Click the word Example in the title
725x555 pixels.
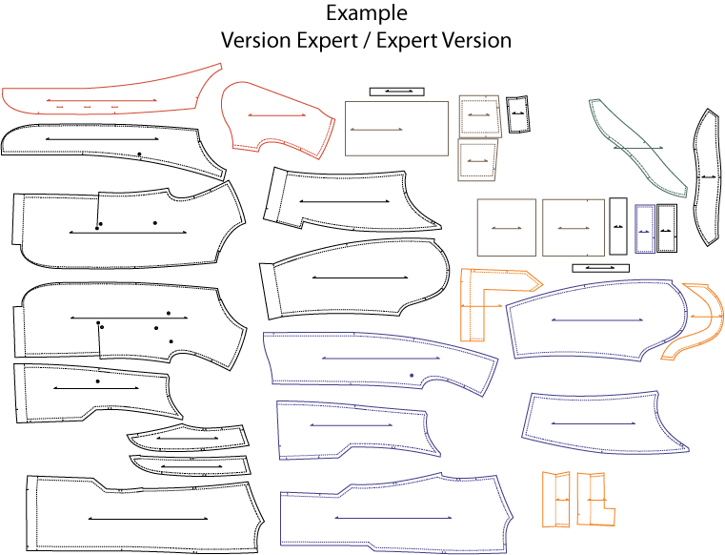coord(367,14)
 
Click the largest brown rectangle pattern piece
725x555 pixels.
coord(396,128)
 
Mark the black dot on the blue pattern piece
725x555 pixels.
coord(412,376)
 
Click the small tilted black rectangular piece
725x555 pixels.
coord(518,113)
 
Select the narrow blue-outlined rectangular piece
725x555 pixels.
coord(643,228)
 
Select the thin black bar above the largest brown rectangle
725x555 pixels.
coord(395,92)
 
